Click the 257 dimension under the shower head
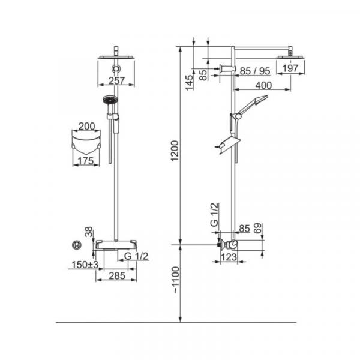click(116, 81)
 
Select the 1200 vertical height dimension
click(175, 151)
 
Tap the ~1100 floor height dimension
click(176, 280)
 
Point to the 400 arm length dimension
click(263, 85)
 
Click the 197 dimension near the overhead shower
click(290, 68)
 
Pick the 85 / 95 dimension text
click(255, 71)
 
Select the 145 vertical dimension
click(190, 82)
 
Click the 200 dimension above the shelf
click(87, 126)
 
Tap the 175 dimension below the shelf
click(86, 161)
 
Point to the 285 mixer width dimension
click(117, 276)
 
